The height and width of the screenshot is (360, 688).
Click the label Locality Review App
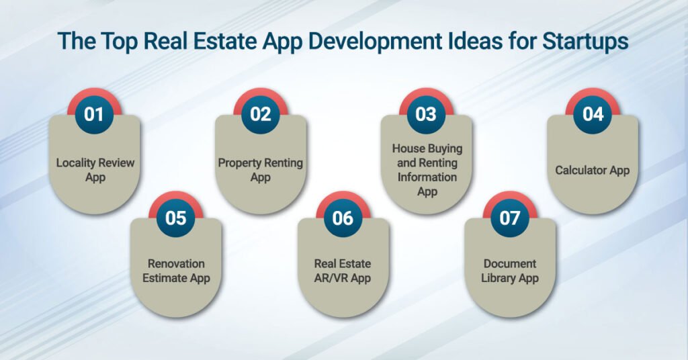coord(94,170)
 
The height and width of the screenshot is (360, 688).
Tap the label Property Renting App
coord(260,170)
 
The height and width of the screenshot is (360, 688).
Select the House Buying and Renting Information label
coord(427,170)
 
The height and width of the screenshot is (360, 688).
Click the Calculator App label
coord(592,170)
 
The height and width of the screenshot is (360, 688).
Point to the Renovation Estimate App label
coord(176,271)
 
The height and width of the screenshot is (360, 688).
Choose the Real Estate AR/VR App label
coord(343,271)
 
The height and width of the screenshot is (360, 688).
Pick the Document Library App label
coord(509,271)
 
